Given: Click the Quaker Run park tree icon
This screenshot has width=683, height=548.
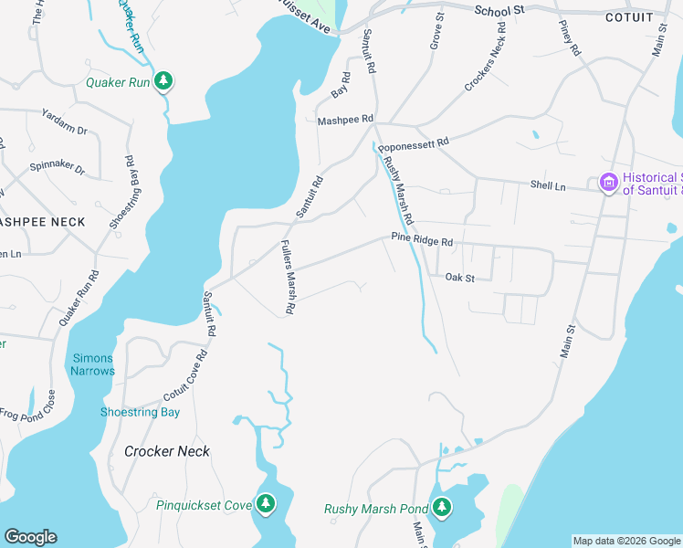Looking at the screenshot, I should coord(163,81).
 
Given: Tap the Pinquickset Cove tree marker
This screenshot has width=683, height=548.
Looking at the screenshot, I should coord(266,503).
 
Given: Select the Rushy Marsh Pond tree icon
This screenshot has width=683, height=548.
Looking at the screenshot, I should coord(442,507).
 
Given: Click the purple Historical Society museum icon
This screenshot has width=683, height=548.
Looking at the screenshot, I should coord(608,184).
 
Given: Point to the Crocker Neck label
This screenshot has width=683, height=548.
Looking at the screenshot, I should coord(167,451).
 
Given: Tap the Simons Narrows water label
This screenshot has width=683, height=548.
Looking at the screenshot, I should coord(93,364).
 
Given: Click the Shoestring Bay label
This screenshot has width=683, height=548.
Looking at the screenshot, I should coord(140,412).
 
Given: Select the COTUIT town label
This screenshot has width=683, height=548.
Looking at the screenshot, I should coord(629,16).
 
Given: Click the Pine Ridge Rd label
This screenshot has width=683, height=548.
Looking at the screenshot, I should coord(422,240).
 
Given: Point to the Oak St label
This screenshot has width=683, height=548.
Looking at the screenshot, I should coord(460,277).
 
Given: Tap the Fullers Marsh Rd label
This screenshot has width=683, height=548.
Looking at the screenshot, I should coord(286,278).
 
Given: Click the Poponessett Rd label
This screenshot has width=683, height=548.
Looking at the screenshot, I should coord(414,143).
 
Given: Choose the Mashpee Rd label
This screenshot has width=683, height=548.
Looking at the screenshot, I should coord(345,120).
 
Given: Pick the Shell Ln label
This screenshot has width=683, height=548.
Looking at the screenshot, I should coord(548,185).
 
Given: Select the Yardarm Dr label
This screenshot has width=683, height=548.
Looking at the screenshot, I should coord(64,122).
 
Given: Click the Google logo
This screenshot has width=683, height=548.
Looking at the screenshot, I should coord(30,537).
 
